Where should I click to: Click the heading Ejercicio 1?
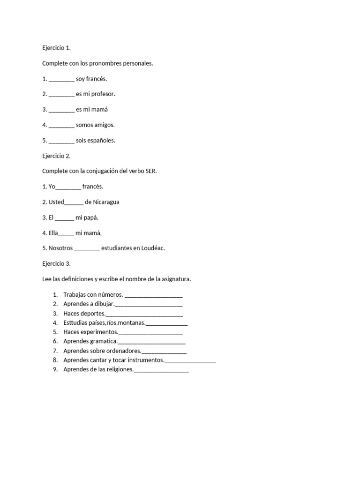point(56,48)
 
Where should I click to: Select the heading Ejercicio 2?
point(56,156)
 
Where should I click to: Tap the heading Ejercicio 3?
point(56,263)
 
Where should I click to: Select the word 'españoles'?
point(102,141)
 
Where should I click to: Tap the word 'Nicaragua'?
point(106,202)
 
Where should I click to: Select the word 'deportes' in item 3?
point(93,314)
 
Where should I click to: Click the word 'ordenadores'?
point(121,351)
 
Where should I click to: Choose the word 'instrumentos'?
point(145,360)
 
